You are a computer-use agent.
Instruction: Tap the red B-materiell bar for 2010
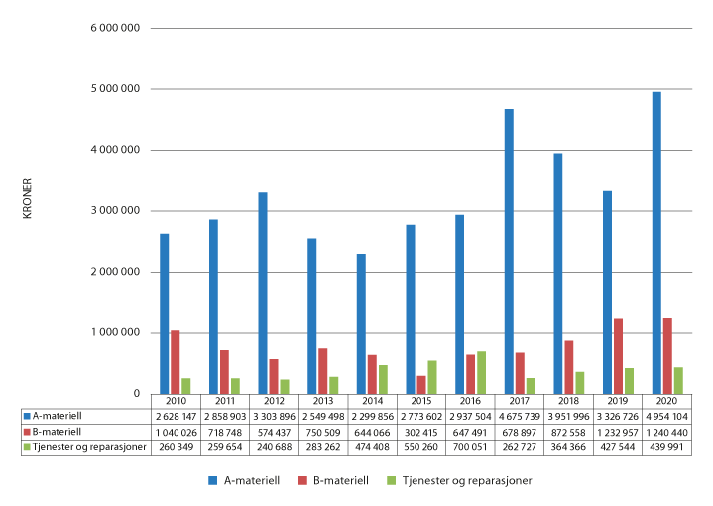point(176,362)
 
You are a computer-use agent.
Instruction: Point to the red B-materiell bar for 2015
point(421,384)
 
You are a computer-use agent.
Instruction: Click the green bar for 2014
point(383,379)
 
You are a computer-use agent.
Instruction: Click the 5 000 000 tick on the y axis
point(116,89)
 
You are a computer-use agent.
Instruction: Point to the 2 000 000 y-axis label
point(116,272)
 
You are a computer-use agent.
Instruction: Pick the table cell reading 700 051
point(470,448)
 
